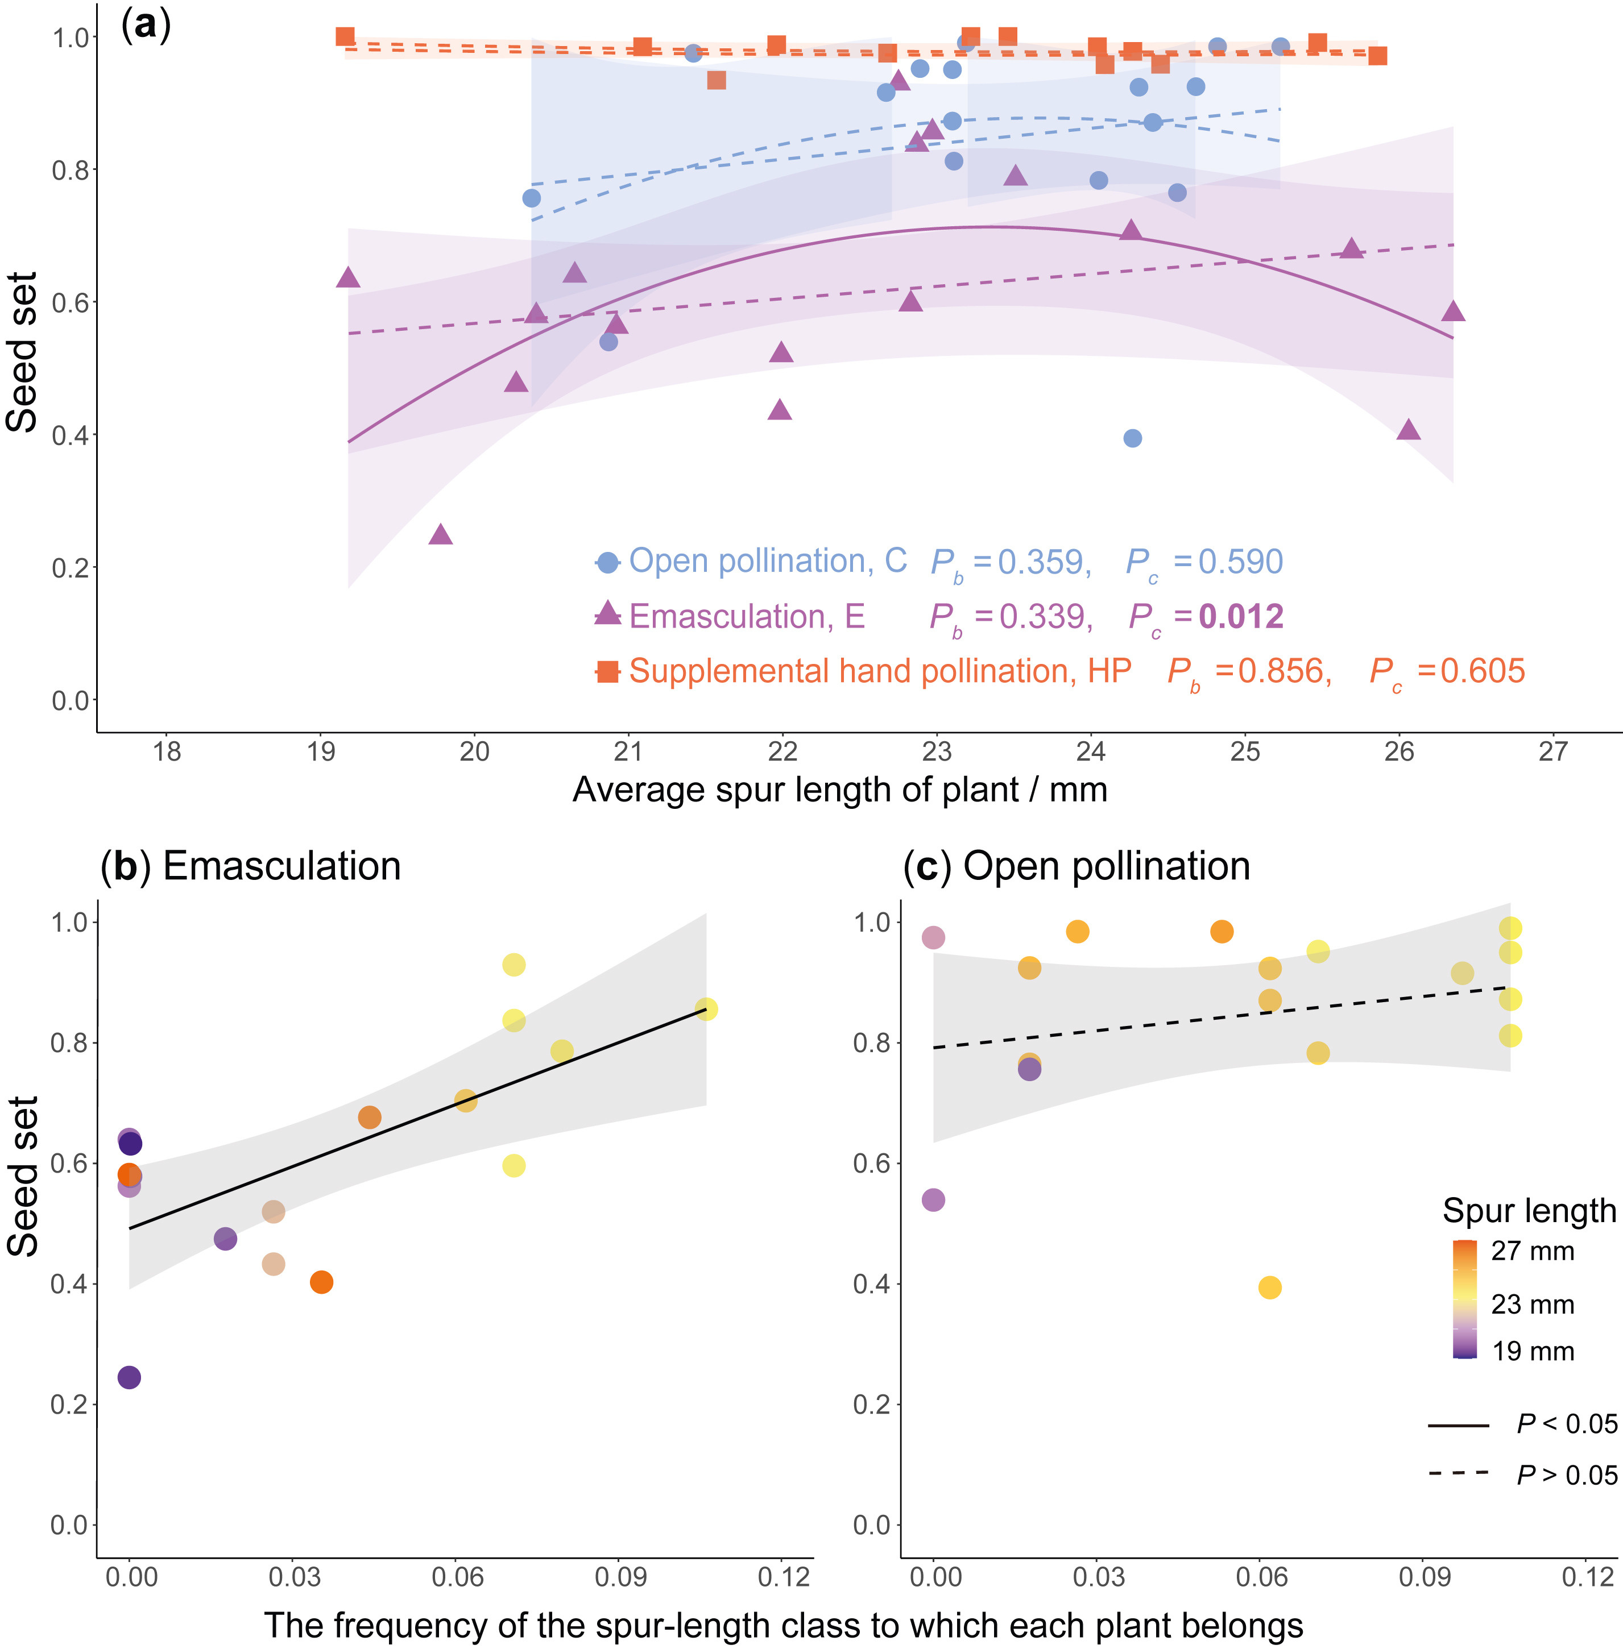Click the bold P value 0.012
tap(1240, 616)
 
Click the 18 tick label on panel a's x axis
tap(167, 751)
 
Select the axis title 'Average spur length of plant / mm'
tap(839, 790)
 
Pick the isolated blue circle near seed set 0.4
tap(1132, 438)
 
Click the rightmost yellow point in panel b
tap(706, 1009)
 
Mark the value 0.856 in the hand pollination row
tap(1284, 671)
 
